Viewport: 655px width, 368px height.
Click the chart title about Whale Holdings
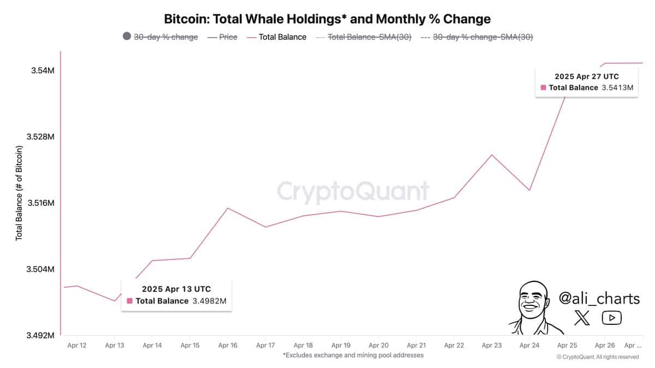pyautogui.click(x=327, y=19)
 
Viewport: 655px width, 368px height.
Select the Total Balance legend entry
pyautogui.click(x=283, y=37)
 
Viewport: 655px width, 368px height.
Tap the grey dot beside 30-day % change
pyautogui.click(x=127, y=37)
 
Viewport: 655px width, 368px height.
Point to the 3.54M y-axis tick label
pyautogui.click(x=42, y=71)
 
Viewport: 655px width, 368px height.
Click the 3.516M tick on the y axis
pyautogui.click(x=40, y=203)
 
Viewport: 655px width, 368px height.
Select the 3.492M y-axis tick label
pyautogui.click(x=40, y=336)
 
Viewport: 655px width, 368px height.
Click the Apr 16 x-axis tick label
pyautogui.click(x=227, y=345)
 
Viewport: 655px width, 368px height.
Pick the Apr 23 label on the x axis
pyautogui.click(x=492, y=345)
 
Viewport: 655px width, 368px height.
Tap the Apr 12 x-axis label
pyautogui.click(x=76, y=345)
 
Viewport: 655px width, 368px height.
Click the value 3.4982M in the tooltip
pyautogui.click(x=209, y=301)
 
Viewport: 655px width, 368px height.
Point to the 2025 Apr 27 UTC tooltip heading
pyautogui.click(x=587, y=77)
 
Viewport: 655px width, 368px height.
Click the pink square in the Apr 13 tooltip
pyautogui.click(x=129, y=301)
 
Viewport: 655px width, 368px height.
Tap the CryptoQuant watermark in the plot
pyautogui.click(x=353, y=192)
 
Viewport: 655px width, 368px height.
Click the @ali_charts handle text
pyautogui.click(x=599, y=298)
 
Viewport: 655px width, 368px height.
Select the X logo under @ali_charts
pyautogui.click(x=582, y=318)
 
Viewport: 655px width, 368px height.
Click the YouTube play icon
pyautogui.click(x=612, y=318)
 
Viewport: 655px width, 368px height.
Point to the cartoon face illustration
pyautogui.click(x=532, y=305)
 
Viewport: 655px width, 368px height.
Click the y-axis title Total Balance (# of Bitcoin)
pyautogui.click(x=19, y=194)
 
